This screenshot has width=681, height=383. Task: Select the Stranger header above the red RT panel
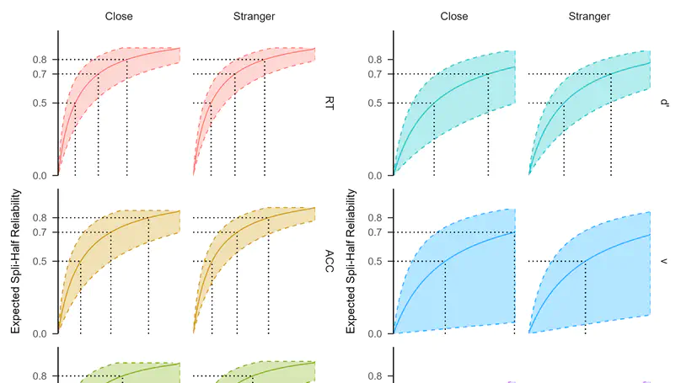pyautogui.click(x=254, y=15)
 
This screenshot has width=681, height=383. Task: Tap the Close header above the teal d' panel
pyautogui.click(x=453, y=15)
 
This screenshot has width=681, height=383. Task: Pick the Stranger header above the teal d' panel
pyautogui.click(x=589, y=15)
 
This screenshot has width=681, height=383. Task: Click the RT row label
pyautogui.click(x=330, y=103)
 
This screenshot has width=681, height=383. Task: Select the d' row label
pyautogui.click(x=664, y=103)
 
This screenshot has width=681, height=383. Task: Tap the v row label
pyautogui.click(x=664, y=260)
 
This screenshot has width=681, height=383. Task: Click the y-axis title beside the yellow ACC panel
pyautogui.click(x=15, y=261)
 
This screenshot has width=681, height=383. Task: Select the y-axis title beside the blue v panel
pyautogui.click(x=351, y=261)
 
